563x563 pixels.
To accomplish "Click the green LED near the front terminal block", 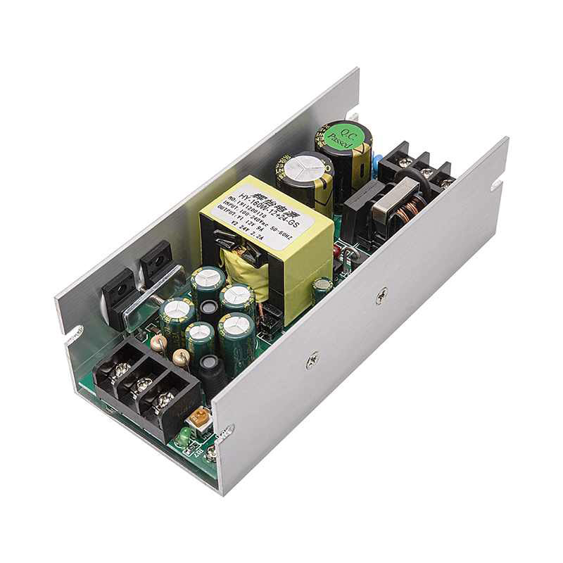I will click(183, 438).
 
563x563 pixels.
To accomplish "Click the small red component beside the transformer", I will click(337, 251).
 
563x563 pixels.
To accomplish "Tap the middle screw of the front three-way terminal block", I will click(144, 385).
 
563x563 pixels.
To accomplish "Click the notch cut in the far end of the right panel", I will click(498, 184).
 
